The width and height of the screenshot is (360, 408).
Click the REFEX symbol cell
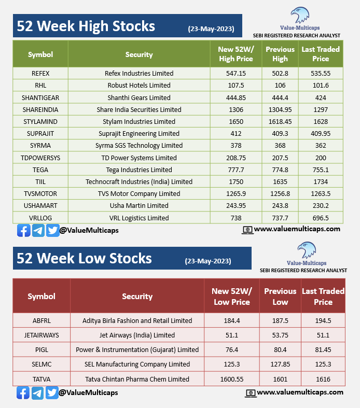(40, 74)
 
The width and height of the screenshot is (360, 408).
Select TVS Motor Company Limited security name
(139, 194)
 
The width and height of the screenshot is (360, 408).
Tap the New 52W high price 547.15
(236, 74)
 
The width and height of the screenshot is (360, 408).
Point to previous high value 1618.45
(280, 122)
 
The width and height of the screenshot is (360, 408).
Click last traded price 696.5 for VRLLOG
(321, 218)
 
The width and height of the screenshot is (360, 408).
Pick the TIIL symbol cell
(40, 182)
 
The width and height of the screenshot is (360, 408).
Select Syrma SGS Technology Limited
(139, 146)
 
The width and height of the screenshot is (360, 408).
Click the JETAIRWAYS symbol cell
(41, 335)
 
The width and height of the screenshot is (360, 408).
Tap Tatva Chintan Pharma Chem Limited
(137, 379)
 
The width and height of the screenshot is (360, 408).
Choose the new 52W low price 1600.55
(232, 379)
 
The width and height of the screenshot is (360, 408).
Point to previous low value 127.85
(280, 364)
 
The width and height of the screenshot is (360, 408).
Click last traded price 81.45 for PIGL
(323, 350)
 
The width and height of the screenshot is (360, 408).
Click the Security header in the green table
(139, 54)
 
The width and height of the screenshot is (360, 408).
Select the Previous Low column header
(280, 297)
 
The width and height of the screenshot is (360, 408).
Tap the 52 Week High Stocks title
(86, 26)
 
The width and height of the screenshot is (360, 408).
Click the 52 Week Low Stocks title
(85, 258)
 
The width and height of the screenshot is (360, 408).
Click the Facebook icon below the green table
(23, 230)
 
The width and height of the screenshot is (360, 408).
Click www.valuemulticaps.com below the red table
(300, 392)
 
